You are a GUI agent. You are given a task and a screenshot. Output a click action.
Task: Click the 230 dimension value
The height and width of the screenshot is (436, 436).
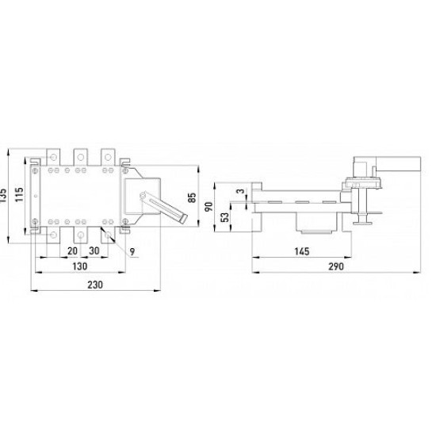click(95, 285)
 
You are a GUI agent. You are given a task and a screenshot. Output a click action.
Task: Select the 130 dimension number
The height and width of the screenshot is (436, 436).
click(80, 266)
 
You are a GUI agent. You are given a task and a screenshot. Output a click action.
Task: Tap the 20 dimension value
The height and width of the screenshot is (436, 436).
click(72, 251)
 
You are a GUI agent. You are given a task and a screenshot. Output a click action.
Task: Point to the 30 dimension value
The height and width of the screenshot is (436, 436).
click(94, 251)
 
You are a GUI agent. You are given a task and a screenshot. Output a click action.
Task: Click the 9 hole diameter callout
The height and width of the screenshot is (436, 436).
click(132, 251)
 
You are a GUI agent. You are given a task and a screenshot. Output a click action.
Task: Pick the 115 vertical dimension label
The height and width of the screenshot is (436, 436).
click(20, 195)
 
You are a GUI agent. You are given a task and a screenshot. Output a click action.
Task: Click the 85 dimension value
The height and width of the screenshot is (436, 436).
click(192, 197)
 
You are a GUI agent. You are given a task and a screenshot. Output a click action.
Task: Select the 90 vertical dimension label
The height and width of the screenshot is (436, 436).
click(208, 207)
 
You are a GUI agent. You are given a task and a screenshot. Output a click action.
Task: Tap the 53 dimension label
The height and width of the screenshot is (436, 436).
click(225, 217)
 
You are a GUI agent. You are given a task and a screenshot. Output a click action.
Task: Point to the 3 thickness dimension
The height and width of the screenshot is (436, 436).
click(241, 191)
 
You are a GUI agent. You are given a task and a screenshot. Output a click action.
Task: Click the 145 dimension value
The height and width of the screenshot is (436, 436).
click(302, 251)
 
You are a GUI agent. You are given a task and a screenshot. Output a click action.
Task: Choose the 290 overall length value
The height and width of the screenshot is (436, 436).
click(336, 266)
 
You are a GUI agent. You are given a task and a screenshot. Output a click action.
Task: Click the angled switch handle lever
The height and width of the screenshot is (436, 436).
click(165, 208)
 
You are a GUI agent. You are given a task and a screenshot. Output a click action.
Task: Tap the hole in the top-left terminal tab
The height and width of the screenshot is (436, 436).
click(53, 158)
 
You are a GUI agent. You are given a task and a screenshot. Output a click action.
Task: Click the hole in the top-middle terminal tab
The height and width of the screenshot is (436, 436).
click(81, 158)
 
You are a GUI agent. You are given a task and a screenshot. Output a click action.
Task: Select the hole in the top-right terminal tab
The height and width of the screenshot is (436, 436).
click(108, 158)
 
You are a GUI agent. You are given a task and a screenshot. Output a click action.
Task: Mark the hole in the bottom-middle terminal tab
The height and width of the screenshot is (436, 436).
click(81, 235)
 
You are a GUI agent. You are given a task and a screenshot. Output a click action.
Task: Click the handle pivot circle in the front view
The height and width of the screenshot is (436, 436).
click(143, 196)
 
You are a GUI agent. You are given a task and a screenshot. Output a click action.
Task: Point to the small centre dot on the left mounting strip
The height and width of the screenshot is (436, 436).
click(35, 197)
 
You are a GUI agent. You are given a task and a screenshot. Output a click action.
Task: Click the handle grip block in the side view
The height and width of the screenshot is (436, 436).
click(398, 164)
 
